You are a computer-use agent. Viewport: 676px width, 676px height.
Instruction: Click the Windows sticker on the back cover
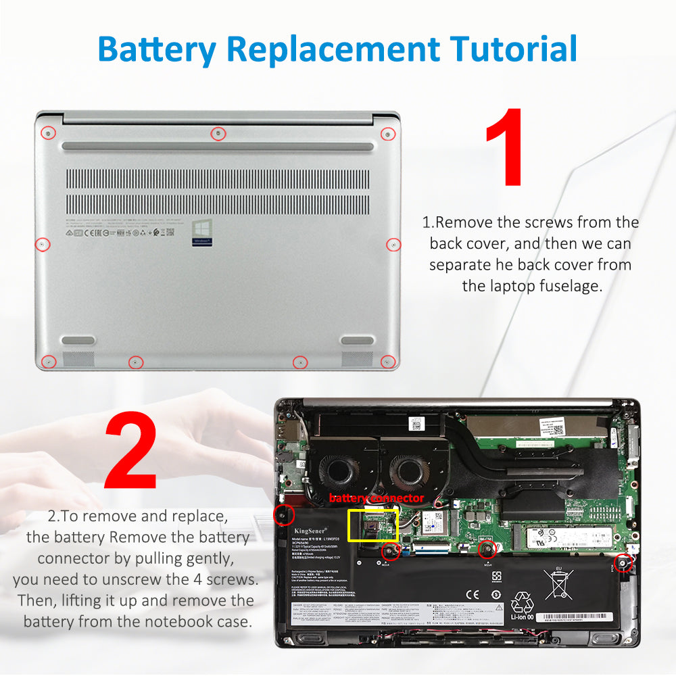[x=203, y=230]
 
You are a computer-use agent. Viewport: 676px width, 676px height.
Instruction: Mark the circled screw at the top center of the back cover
[x=218, y=133]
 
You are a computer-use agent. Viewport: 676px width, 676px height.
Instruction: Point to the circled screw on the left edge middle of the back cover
[x=42, y=243]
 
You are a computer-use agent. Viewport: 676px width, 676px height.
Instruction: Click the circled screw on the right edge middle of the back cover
[x=393, y=244]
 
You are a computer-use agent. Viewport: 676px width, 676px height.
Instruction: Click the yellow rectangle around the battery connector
[x=372, y=525]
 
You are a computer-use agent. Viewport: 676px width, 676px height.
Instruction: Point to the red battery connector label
[x=376, y=498]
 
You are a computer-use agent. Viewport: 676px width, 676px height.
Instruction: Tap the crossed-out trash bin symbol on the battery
[x=559, y=583]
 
